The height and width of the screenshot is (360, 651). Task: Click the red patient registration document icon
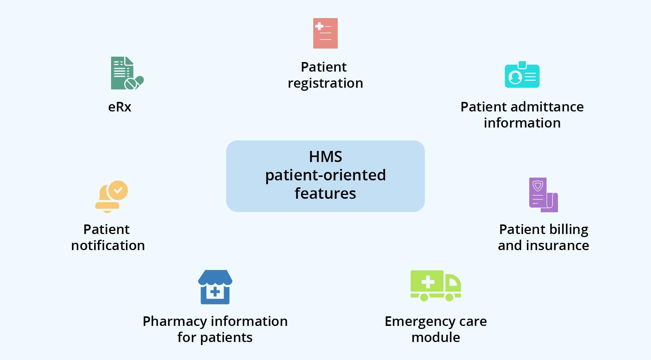(x=325, y=33)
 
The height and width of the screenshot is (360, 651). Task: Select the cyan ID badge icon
(x=522, y=75)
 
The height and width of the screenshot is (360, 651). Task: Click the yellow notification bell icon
(x=111, y=196)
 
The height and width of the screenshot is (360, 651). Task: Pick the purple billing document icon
(x=543, y=195)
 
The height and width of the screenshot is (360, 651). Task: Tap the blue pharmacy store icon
(x=215, y=287)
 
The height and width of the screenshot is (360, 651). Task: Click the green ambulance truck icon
(x=435, y=285)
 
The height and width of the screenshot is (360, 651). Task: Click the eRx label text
(x=119, y=107)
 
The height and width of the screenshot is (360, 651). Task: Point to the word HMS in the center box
(x=325, y=157)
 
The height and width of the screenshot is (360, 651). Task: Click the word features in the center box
(x=325, y=193)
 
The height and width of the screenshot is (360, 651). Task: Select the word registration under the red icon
(x=325, y=83)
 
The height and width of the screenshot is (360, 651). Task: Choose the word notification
(x=108, y=245)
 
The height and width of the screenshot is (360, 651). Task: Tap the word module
(x=435, y=337)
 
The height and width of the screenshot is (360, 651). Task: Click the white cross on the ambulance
(x=427, y=283)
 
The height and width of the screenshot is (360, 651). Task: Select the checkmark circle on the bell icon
(x=118, y=190)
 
